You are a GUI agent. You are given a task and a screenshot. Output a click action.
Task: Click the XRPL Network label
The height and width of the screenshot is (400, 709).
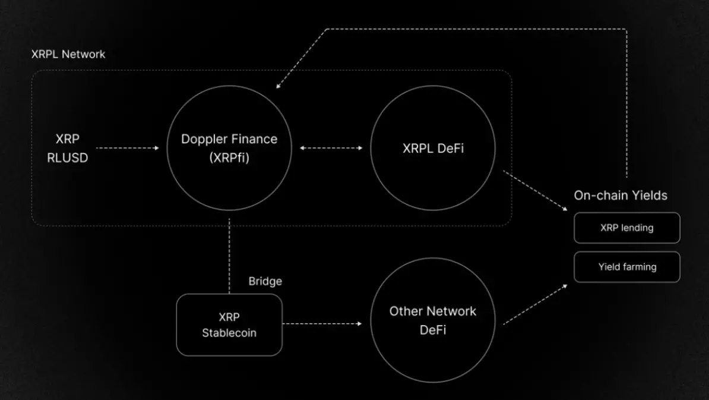[68, 54]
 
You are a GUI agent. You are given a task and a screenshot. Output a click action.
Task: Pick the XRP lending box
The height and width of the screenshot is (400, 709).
[626, 228]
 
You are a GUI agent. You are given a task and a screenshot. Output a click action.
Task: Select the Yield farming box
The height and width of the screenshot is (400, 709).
[626, 267]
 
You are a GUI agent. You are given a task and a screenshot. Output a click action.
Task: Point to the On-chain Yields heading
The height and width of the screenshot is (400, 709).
[621, 196]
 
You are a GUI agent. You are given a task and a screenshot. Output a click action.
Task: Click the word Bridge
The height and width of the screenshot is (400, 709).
[265, 281]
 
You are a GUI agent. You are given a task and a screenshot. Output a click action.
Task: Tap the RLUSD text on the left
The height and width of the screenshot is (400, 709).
[68, 158]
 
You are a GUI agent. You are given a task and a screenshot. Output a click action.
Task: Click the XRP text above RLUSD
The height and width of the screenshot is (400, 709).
[68, 139]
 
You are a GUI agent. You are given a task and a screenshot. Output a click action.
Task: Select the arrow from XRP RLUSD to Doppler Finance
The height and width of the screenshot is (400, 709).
[127, 148]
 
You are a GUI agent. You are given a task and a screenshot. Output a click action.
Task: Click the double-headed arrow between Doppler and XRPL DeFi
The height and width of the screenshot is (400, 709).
[331, 148]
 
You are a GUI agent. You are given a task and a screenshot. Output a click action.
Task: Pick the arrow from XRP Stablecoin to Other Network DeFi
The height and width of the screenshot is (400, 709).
[322, 324]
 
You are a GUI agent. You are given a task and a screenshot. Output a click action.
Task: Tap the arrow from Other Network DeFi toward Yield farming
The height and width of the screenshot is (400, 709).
[534, 304]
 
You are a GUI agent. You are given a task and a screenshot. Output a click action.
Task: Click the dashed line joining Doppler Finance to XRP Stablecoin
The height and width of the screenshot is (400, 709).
[229, 256]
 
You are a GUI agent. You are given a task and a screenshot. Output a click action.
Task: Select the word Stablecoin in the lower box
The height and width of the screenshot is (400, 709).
[229, 333]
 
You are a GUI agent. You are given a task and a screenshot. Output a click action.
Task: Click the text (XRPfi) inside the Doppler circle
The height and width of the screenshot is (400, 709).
[229, 158]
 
